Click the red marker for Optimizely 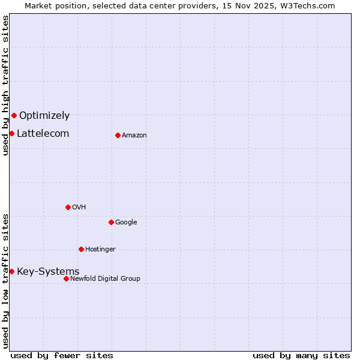click(14, 115)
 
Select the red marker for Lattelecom click(11, 133)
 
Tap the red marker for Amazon click(118, 135)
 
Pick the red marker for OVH click(68, 207)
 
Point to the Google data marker click(111, 222)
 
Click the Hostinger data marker click(81, 249)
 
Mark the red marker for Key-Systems click(11, 271)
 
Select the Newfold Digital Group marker click(66, 278)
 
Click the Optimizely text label click(44, 115)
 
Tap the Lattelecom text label click(43, 133)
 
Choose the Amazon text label click(134, 135)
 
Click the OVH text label click(79, 207)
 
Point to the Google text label click(126, 222)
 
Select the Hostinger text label click(100, 249)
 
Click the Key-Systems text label click(48, 271)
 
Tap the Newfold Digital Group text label click(105, 278)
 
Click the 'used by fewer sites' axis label click(62, 355)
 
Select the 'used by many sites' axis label click(301, 355)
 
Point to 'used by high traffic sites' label click(5, 85)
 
